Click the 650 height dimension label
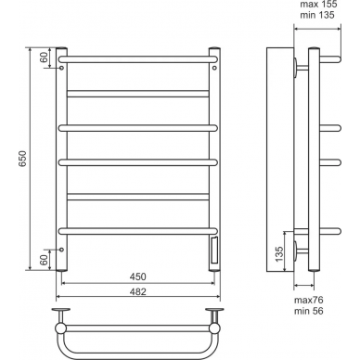[x=23, y=159]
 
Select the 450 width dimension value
[x=137, y=276]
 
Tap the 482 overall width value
[x=137, y=291]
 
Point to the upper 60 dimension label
[x=45, y=58]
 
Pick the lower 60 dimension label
[x=45, y=260]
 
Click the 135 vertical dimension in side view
[x=279, y=254]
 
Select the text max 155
[x=318, y=5]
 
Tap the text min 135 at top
[x=317, y=15]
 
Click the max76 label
[x=308, y=300]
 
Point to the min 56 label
[x=308, y=311]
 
